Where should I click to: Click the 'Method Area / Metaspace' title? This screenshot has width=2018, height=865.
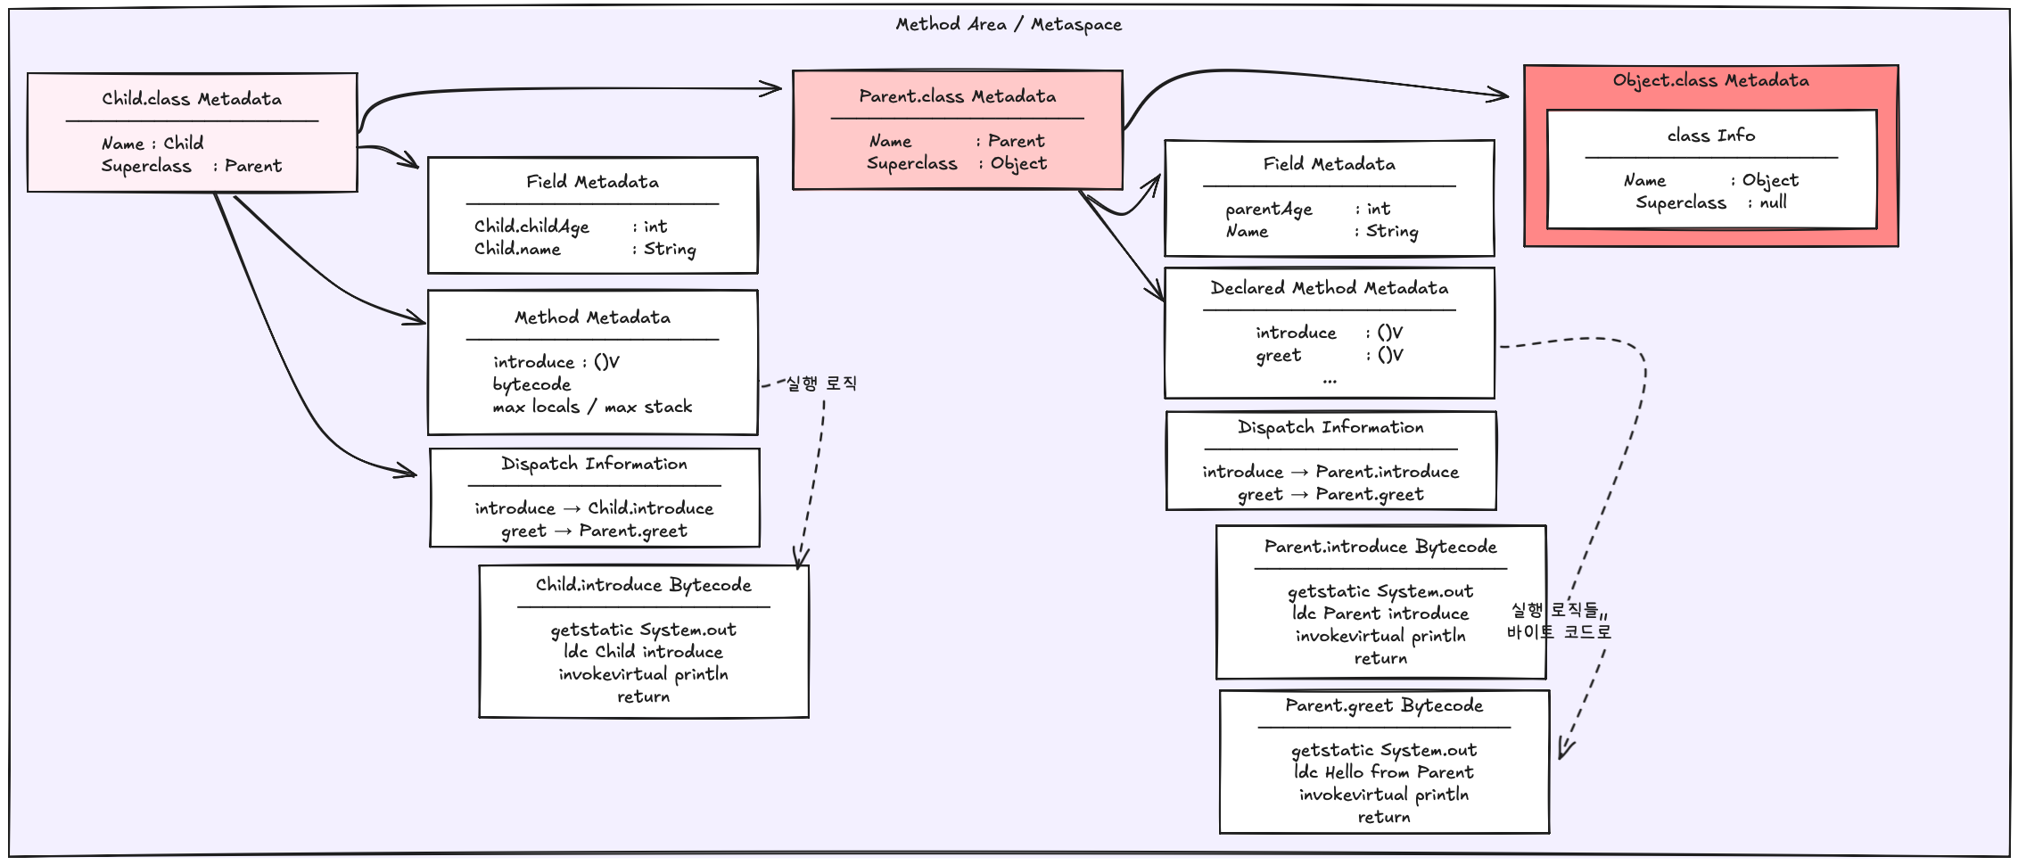[x=1009, y=24]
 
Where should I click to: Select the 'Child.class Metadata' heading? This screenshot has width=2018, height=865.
[x=192, y=98]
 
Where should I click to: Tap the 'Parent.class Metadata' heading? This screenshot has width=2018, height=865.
[x=957, y=95]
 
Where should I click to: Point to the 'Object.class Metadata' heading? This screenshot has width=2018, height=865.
[x=1710, y=80]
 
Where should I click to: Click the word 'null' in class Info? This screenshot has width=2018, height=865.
[x=1773, y=202]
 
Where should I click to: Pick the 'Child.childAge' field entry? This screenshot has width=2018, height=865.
[x=531, y=227]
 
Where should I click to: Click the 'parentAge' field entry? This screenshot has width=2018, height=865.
[x=1268, y=209]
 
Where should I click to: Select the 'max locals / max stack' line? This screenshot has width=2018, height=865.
[x=592, y=407]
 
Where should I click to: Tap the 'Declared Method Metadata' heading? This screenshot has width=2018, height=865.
[x=1329, y=287]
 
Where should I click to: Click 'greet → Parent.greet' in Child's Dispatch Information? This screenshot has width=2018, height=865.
[x=594, y=531]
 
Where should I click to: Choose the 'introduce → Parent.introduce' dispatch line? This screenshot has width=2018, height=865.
[x=1330, y=471]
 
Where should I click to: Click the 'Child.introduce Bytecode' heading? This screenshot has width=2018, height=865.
[x=643, y=585]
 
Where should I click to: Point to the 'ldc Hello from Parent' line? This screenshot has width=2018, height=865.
[x=1383, y=772]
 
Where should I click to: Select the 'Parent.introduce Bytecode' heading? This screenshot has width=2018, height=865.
[x=1380, y=547]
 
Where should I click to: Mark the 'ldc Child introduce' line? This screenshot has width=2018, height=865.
[x=643, y=652]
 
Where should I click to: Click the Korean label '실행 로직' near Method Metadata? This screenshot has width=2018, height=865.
[x=821, y=383]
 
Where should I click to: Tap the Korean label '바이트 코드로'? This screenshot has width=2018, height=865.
[x=1559, y=631]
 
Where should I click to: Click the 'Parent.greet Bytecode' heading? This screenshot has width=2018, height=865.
[x=1384, y=705]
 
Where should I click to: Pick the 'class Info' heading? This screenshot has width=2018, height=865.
[x=1710, y=136]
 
